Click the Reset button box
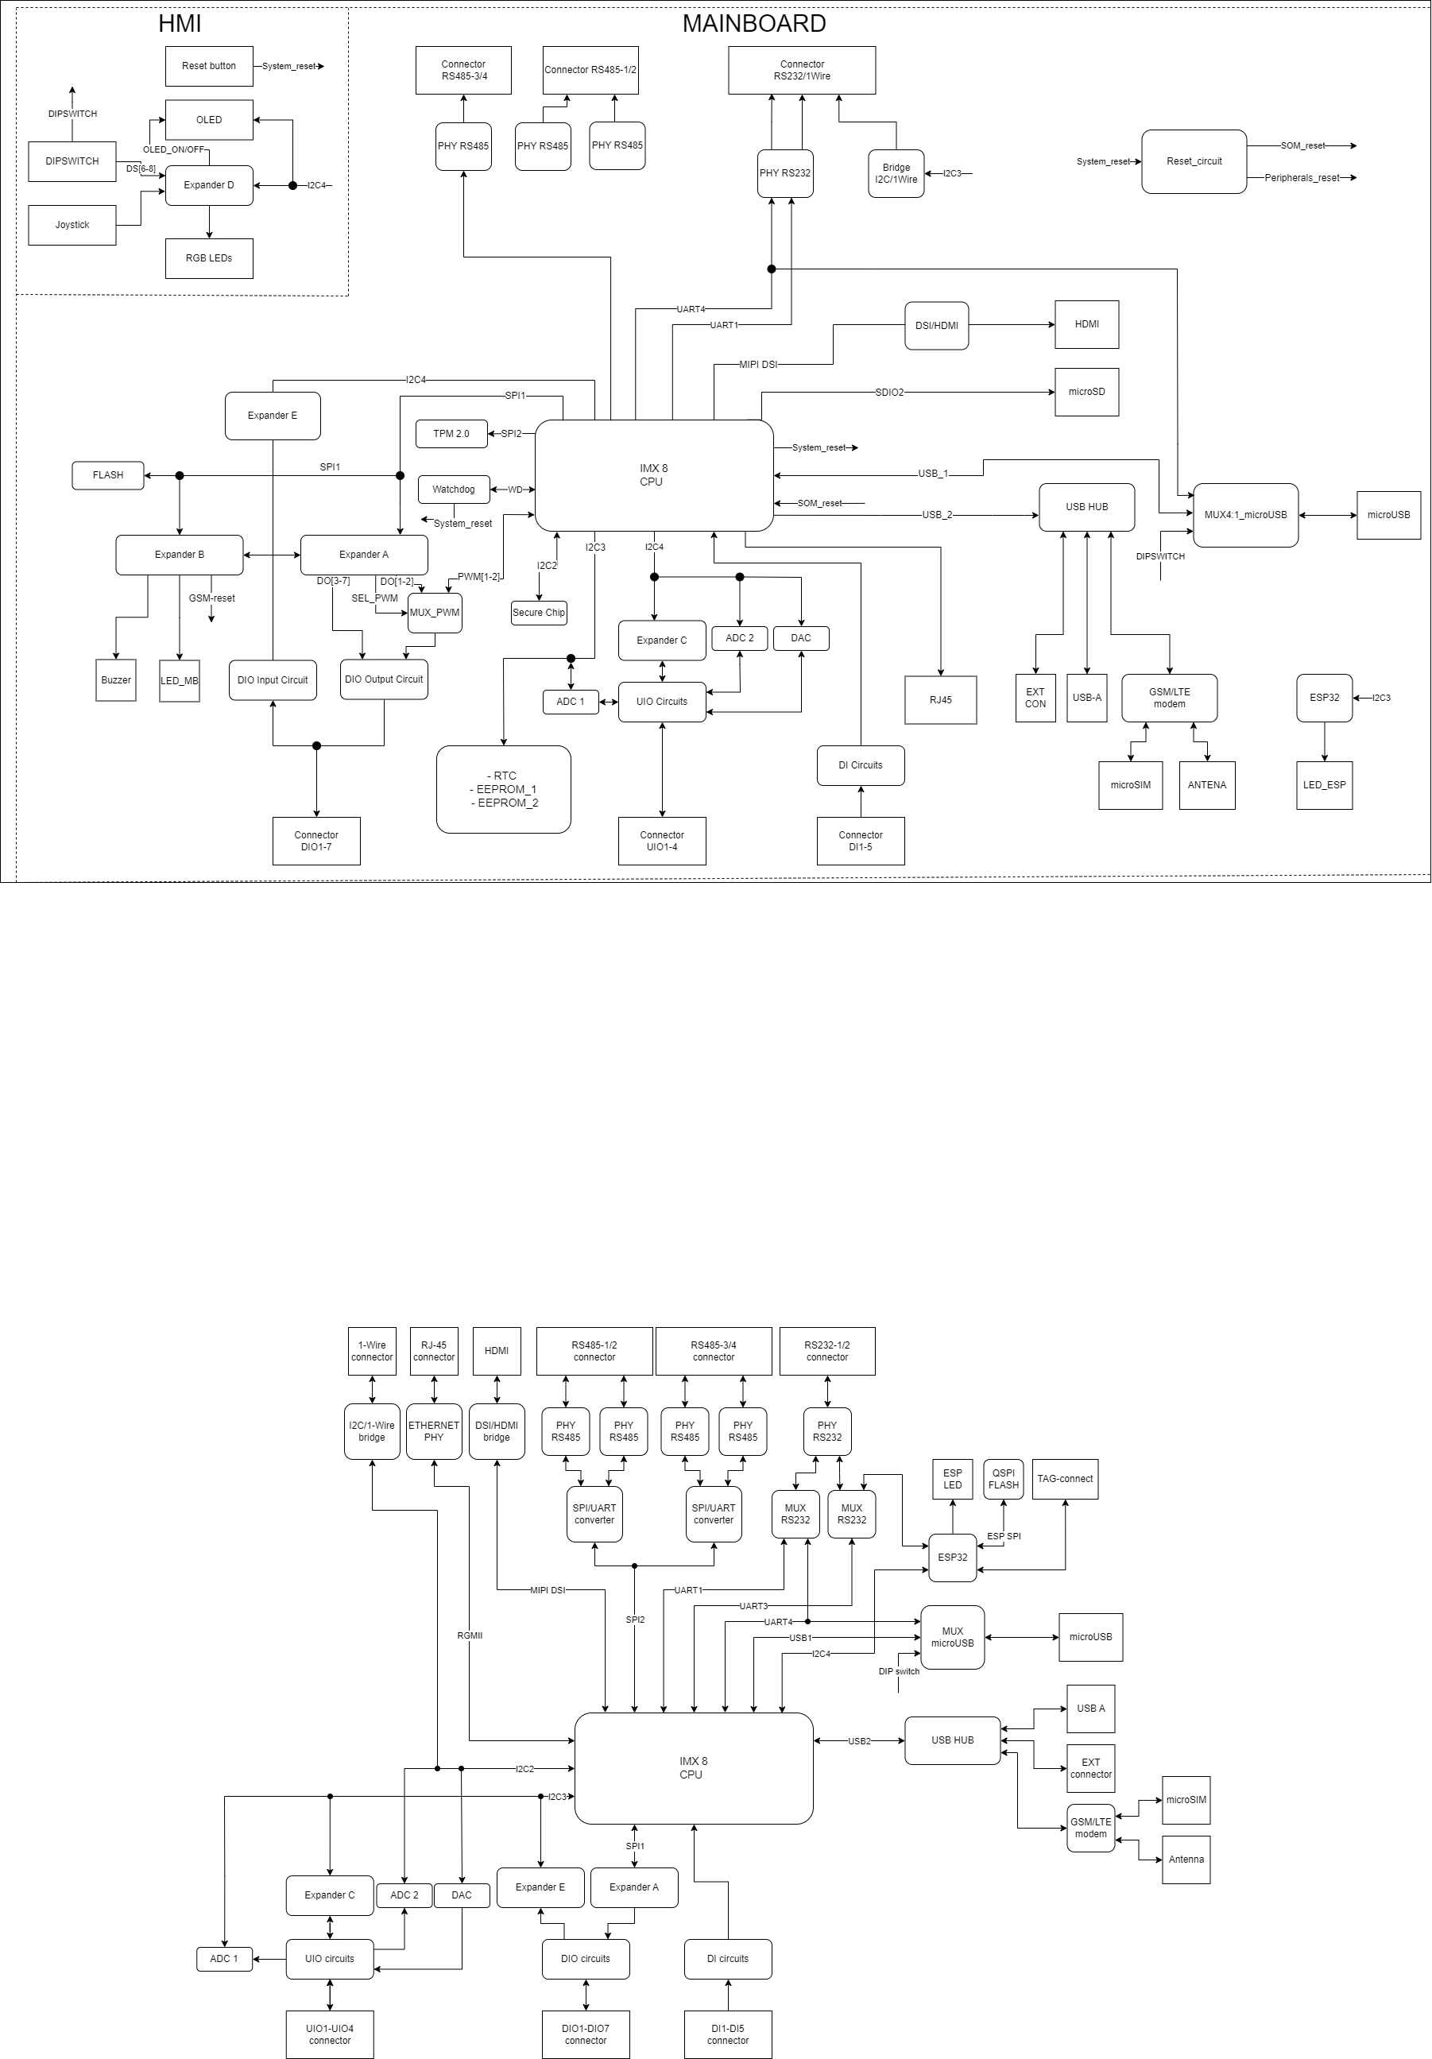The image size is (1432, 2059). [x=209, y=67]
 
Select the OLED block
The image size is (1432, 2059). [x=209, y=120]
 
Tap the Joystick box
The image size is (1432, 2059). [x=72, y=225]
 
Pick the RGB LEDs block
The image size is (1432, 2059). [x=209, y=258]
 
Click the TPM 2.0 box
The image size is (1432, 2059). [x=451, y=434]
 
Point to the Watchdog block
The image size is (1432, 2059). [x=454, y=490]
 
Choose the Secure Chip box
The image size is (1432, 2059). [x=539, y=613]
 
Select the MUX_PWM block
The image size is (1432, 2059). [x=435, y=613]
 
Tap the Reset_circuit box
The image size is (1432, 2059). [x=1194, y=161]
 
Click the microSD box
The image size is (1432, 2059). [x=1087, y=392]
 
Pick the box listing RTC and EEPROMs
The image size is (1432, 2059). [x=504, y=789]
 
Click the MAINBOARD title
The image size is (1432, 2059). [x=754, y=24]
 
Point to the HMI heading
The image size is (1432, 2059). [x=180, y=24]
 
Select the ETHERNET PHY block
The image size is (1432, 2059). [x=434, y=1431]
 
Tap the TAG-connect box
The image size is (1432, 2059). [x=1065, y=1479]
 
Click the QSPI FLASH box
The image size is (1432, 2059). [x=1004, y=1479]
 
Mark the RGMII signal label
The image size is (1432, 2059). [x=470, y=1635]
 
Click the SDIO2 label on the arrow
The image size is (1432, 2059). [x=889, y=392]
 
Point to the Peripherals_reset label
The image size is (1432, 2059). [x=1302, y=177]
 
